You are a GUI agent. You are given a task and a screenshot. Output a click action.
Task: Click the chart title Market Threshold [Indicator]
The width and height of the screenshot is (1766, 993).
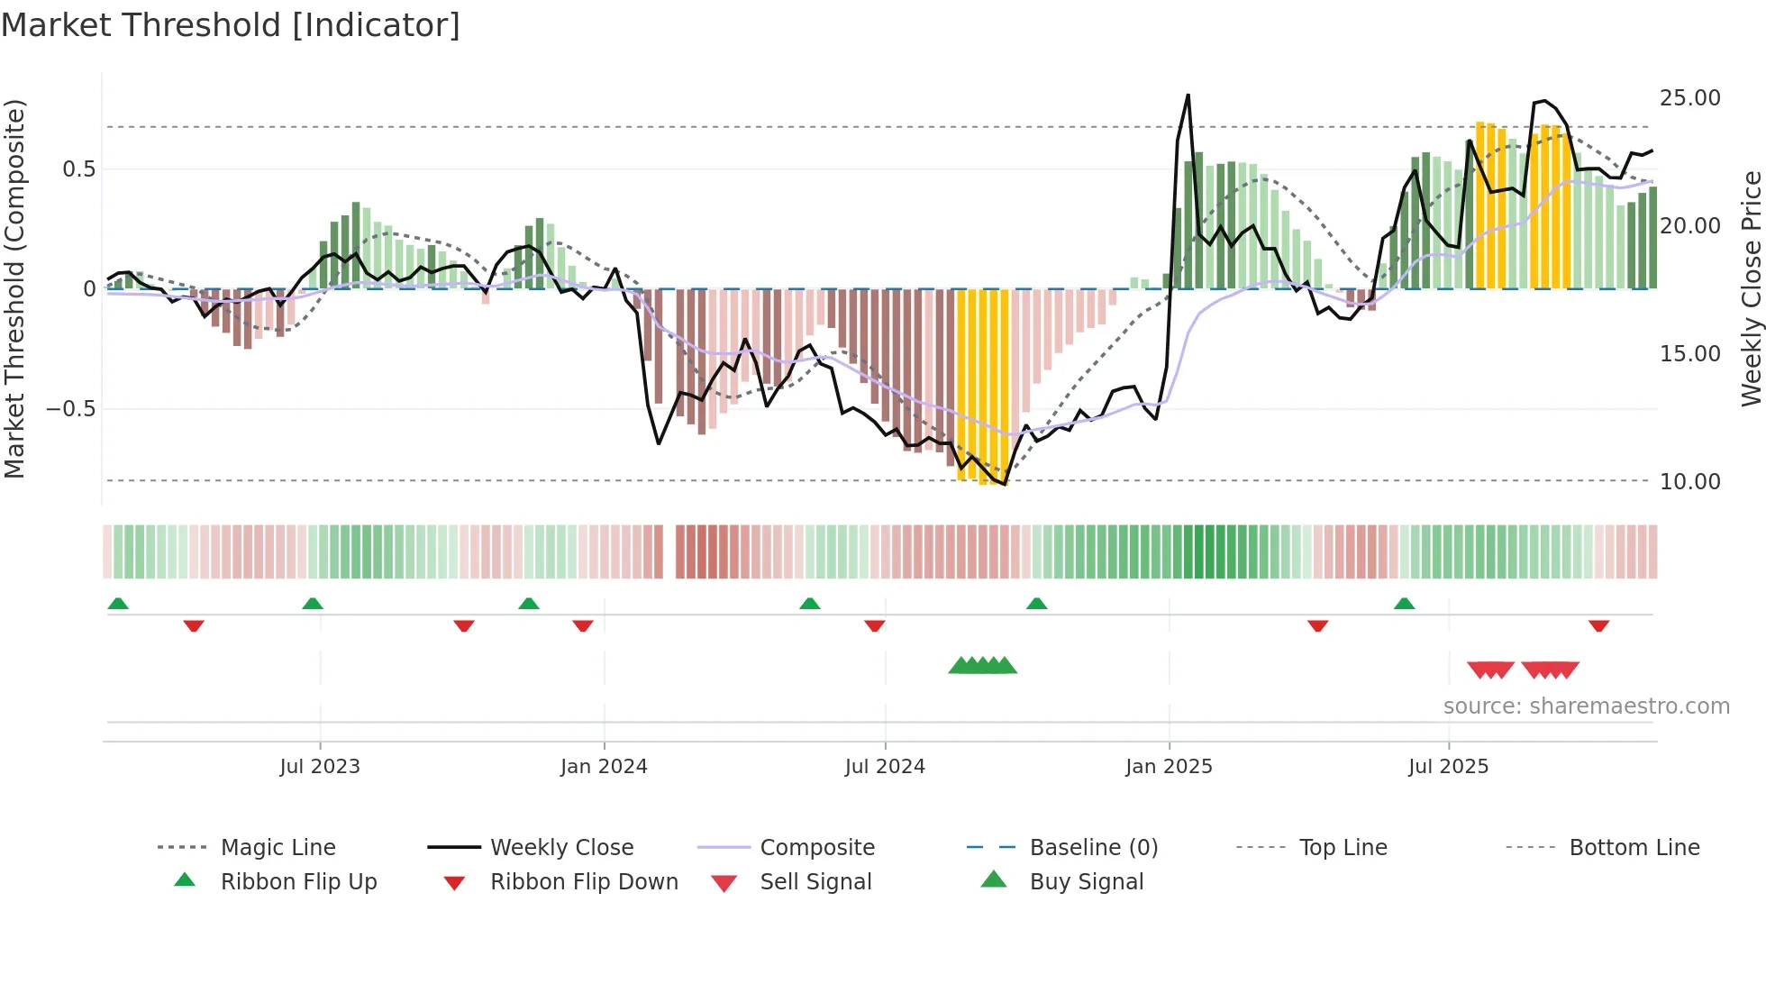point(231,25)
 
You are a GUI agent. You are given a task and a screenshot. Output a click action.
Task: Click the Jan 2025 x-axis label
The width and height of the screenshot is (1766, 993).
point(1169,767)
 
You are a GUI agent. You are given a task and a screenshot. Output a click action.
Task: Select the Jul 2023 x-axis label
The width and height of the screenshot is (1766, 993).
point(320,767)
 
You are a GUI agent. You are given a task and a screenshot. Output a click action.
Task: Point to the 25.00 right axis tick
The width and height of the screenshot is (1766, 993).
point(1689,98)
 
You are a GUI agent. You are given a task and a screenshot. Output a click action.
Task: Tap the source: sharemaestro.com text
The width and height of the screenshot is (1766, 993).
point(1586,706)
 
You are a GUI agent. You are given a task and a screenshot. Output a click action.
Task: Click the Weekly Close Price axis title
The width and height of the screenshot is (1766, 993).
point(1750,288)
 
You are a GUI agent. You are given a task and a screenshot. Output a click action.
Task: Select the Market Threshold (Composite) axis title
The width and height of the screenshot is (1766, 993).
point(14,288)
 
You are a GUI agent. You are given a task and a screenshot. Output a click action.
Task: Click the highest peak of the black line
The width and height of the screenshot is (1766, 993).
point(1188,95)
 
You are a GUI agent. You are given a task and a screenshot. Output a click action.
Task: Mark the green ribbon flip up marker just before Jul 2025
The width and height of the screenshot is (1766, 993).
point(1404,604)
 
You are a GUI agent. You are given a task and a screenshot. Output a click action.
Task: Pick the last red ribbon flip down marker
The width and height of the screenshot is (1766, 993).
point(1599,625)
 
